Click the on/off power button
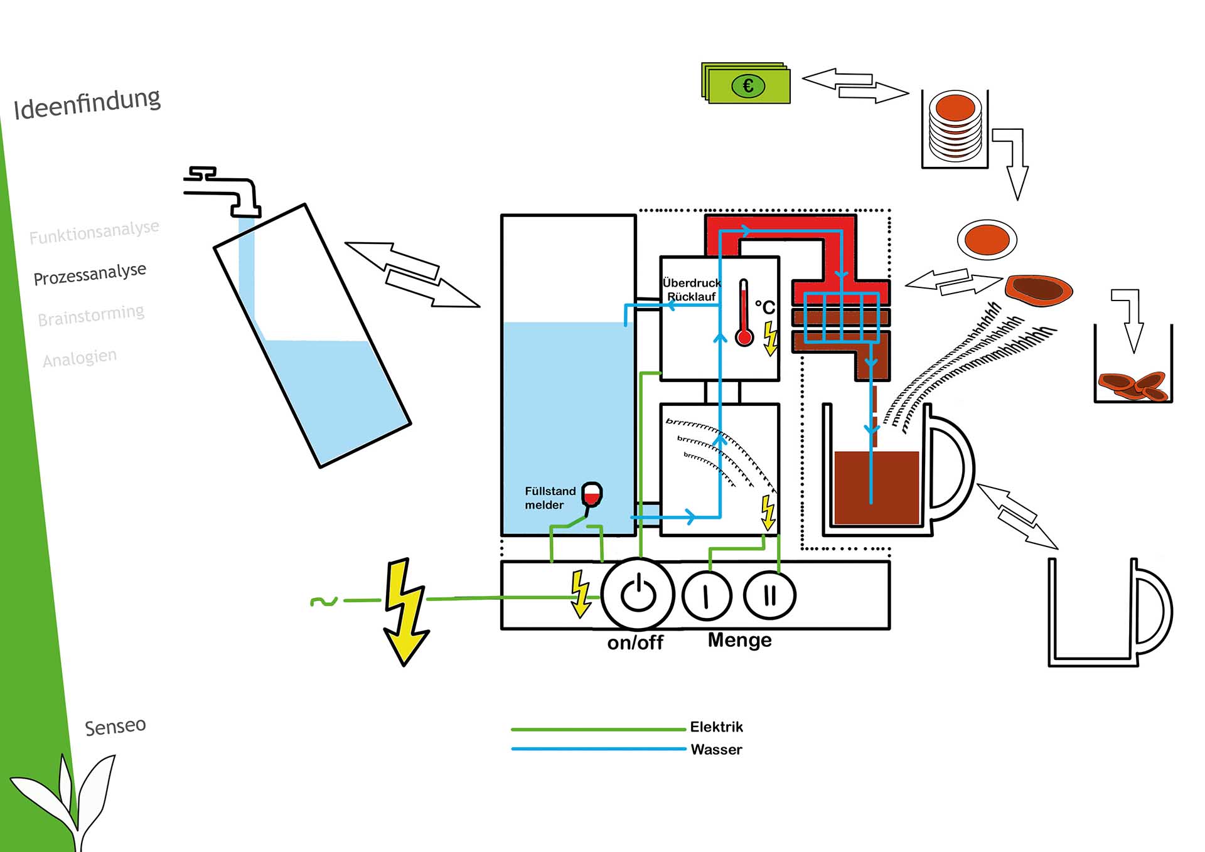(x=638, y=594)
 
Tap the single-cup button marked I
(x=706, y=595)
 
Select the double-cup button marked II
(x=769, y=595)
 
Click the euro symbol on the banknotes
(x=748, y=86)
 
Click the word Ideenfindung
(x=87, y=104)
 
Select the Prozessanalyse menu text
(x=90, y=274)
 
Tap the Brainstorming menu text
(x=91, y=316)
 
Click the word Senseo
(x=115, y=727)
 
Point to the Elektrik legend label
(x=716, y=727)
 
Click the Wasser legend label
(x=716, y=750)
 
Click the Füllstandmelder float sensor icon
(x=591, y=495)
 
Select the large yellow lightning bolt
(x=405, y=612)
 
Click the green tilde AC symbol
(x=324, y=602)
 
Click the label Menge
(x=739, y=641)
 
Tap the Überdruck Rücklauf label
(x=692, y=290)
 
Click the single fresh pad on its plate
(x=987, y=240)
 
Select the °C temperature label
(x=765, y=307)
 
